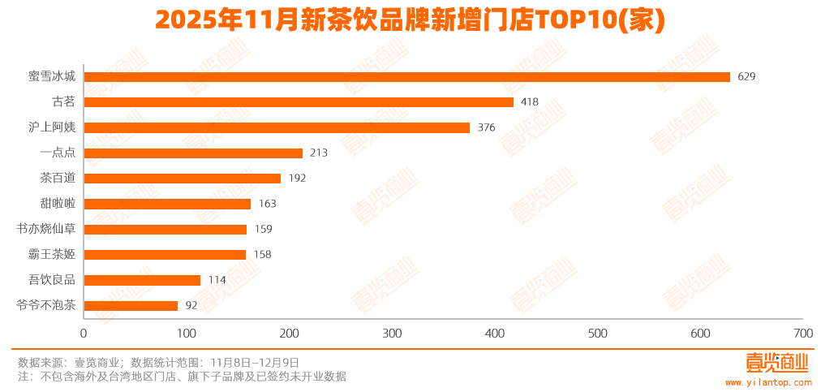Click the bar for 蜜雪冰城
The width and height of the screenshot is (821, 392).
coord(406,77)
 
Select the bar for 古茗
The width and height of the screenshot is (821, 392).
coord(299,102)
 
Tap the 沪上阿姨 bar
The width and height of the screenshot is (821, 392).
coord(277,127)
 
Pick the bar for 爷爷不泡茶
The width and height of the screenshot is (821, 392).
coord(131,306)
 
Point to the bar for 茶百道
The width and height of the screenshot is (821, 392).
coord(182,179)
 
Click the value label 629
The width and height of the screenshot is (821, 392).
coord(746,77)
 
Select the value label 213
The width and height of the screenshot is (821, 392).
coord(318,153)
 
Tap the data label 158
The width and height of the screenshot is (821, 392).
coord(262,255)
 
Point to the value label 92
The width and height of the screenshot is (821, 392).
coord(191,306)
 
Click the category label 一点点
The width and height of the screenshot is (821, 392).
coord(58,153)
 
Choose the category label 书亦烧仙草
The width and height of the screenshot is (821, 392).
coord(46,229)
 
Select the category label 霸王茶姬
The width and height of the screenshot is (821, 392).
coord(52,255)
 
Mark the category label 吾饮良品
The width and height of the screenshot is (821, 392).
coord(52,280)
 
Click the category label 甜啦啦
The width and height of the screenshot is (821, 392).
coord(58,204)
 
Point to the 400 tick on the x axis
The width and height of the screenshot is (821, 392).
coord(495,334)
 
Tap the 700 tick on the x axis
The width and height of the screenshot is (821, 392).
coord(803,334)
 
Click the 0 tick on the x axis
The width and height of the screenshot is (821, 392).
coord(84,334)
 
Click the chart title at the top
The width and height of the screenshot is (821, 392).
coord(410,19)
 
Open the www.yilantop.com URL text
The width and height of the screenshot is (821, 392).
coord(767,381)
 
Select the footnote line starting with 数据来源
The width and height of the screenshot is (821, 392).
coord(158,363)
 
